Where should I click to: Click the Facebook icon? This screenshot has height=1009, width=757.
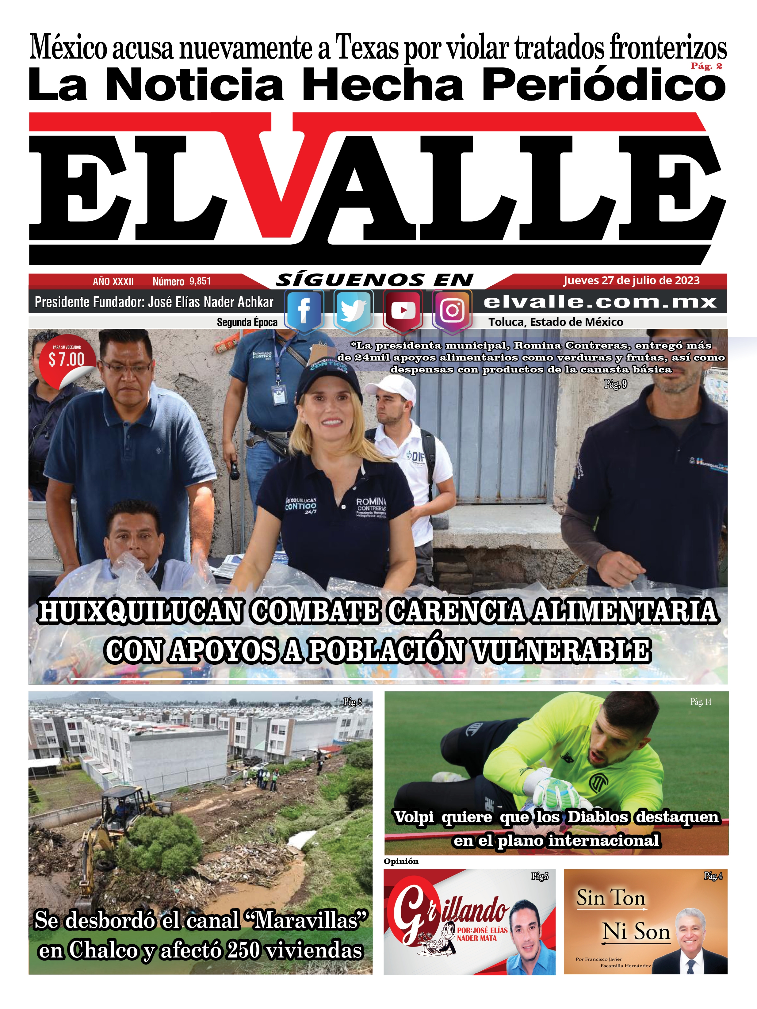304,311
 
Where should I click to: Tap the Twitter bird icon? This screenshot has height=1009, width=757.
354,311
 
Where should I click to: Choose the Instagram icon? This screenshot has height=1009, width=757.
452,311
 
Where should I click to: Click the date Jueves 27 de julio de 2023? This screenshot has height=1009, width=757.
631,281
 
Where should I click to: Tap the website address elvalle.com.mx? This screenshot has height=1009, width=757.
600,302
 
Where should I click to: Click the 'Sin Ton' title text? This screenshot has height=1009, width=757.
611,898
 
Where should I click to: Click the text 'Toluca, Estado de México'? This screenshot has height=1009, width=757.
556,322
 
